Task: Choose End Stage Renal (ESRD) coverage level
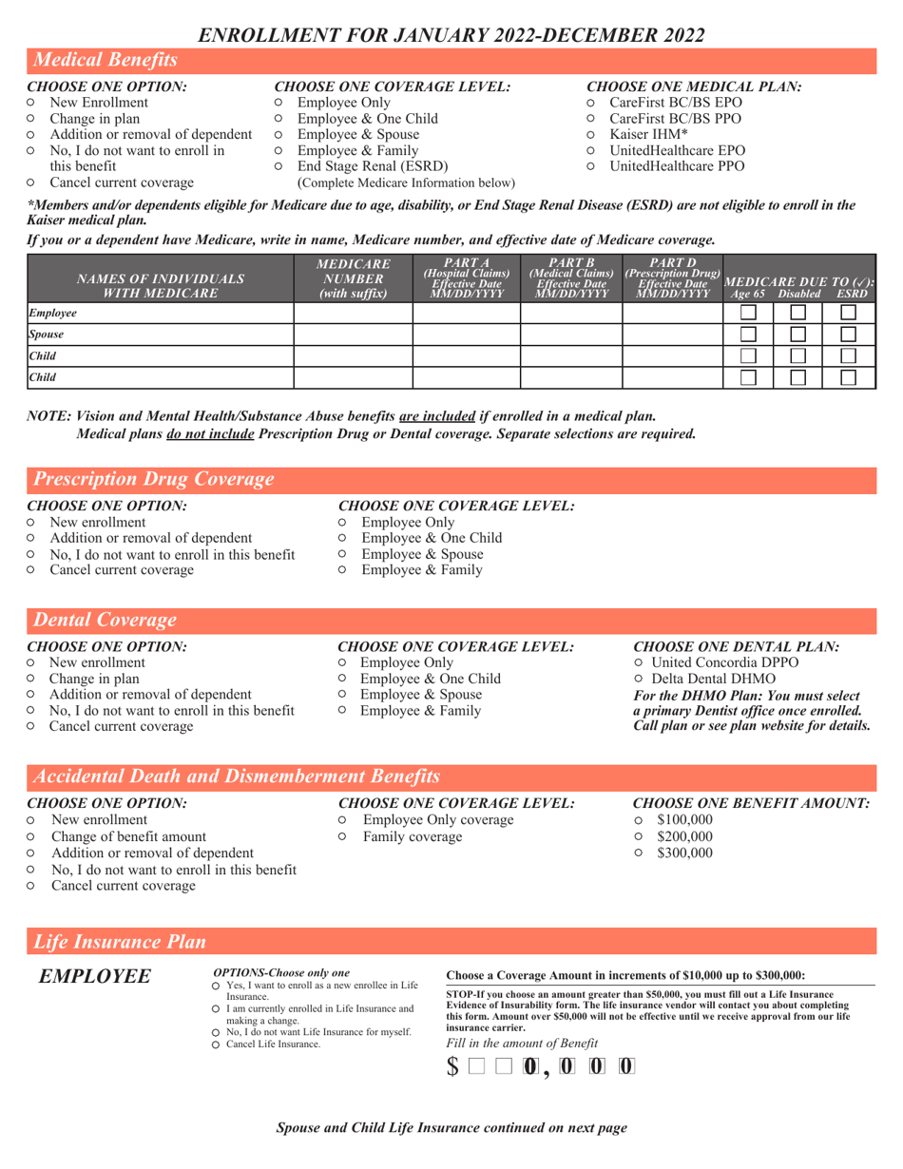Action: (279, 166)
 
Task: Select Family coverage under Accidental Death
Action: (343, 836)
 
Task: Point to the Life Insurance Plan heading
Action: (120, 942)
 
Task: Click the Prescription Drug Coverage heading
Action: (154, 479)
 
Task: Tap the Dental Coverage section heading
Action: (105, 621)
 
